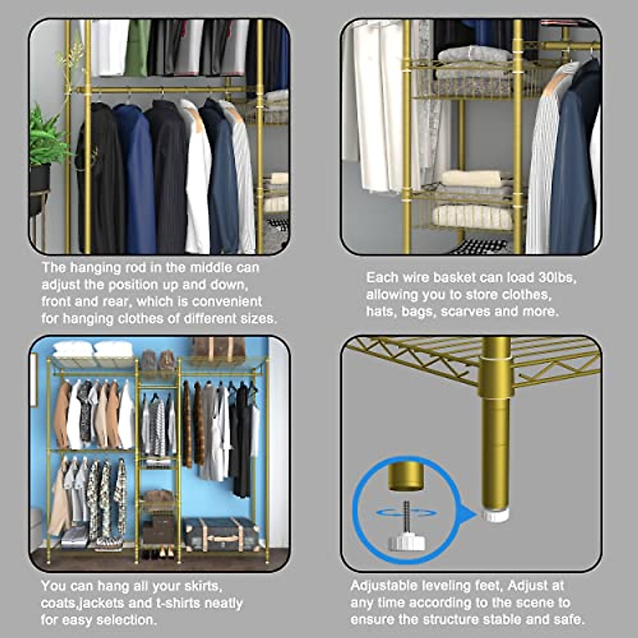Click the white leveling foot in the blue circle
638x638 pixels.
coord(406,542)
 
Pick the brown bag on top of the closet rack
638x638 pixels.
coord(219,348)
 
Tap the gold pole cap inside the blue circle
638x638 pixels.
coord(406,476)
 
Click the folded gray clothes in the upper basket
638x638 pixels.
coord(473,56)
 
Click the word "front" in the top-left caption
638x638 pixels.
coord(59,301)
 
